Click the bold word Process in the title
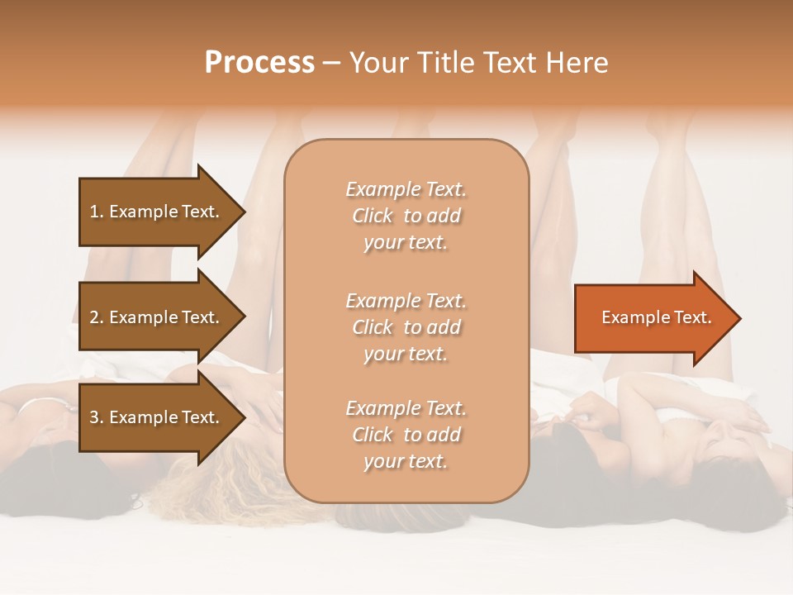259,63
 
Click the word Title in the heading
444,63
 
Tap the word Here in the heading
578,63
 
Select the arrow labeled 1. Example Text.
154,212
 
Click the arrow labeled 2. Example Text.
154,317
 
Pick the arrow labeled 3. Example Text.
154,417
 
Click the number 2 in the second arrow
94,317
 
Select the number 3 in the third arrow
94,417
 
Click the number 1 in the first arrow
94,212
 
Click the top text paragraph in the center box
406,216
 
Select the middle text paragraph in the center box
406,327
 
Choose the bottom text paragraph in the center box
406,435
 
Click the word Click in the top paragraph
372,216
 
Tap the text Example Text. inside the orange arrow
657,317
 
